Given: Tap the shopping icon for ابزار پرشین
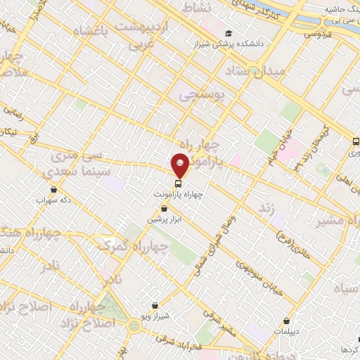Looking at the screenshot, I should point(165,209).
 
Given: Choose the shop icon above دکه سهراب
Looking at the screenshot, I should point(54,189).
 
